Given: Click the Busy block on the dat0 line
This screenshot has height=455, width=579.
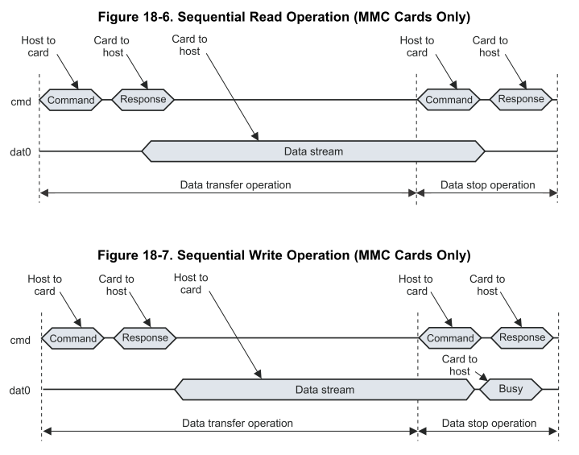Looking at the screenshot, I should (511, 390).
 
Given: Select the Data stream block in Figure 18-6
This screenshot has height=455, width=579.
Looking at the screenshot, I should (313, 151).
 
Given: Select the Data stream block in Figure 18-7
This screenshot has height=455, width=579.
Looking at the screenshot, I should (324, 390).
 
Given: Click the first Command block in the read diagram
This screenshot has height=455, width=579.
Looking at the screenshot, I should (72, 100).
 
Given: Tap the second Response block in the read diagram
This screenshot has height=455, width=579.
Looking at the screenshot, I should (522, 99).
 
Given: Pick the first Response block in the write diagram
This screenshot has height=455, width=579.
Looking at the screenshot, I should (146, 338).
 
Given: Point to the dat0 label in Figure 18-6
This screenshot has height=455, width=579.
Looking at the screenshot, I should (19, 151).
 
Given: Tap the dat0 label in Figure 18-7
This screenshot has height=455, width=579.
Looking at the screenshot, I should (20, 390).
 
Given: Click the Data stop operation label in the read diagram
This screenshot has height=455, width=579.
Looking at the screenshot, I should (488, 184).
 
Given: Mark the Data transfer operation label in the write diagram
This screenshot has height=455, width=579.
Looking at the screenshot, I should (237, 423).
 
